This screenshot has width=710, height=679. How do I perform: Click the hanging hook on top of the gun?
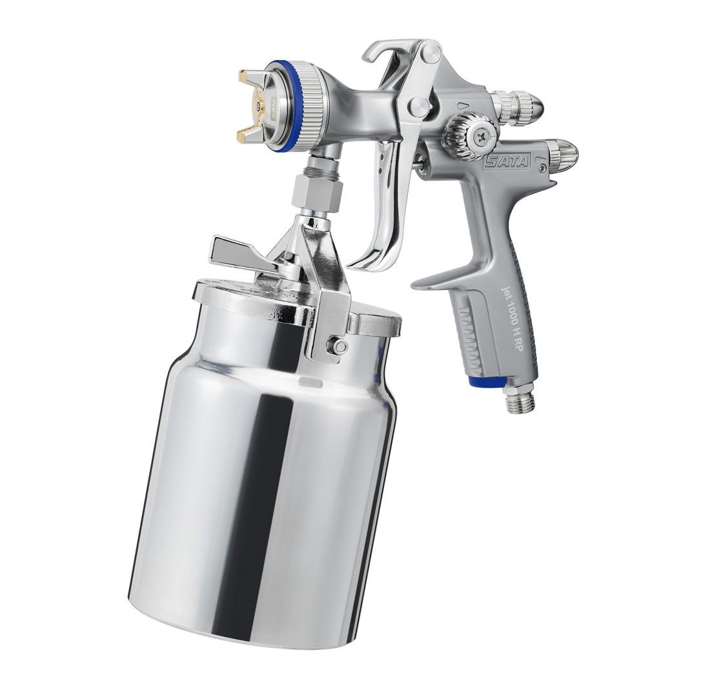pos(385,54)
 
